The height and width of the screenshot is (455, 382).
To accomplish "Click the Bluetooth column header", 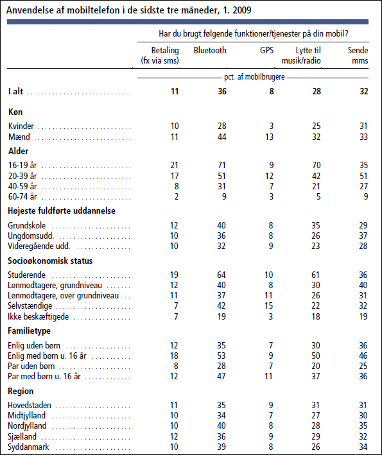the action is point(210,50).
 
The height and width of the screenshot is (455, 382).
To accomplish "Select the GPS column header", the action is point(266,50).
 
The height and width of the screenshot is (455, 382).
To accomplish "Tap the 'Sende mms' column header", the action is point(358,55).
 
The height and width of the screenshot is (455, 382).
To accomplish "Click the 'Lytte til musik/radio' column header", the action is point(301,55).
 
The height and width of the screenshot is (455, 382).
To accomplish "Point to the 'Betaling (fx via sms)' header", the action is point(160,55).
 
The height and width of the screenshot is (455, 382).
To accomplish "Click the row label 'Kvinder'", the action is point(21,126).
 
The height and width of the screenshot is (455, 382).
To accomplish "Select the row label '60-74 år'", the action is point(22,196).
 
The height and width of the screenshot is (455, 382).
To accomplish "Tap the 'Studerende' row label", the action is point(26,275).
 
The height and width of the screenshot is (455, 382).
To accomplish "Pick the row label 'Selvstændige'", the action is point(30,305).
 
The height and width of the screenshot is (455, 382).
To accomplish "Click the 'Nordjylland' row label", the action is point(27,425).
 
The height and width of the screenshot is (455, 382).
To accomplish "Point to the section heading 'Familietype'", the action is point(29,331).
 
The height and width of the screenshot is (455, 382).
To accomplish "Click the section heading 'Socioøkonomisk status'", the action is point(50,261).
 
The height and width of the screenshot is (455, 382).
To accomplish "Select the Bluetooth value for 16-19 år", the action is point(221,165).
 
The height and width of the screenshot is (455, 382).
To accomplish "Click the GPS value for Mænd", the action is point(269,137).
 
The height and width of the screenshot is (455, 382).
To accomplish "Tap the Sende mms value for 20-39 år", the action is point(363,176).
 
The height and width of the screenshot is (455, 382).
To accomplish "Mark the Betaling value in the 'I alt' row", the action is point(175,91).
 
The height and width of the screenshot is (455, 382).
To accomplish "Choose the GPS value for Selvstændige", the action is point(269,305).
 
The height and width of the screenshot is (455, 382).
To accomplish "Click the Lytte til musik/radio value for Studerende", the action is point(315,275).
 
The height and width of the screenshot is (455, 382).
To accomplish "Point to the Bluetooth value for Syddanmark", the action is point(221,447).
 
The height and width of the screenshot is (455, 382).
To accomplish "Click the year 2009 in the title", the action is point(241,10).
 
